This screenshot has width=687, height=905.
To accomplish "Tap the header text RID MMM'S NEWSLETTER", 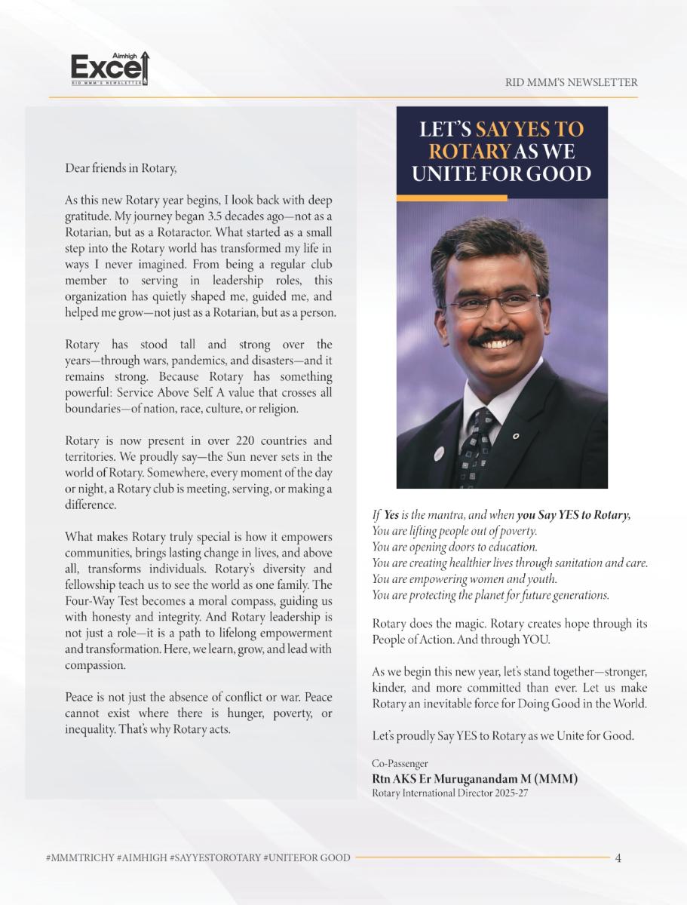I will tap(571, 82).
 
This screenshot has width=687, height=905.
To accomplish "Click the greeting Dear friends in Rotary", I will tap(121, 168).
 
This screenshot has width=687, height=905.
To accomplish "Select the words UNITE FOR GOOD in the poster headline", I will tap(501, 174).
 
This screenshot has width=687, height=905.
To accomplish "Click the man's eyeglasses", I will tap(492, 302).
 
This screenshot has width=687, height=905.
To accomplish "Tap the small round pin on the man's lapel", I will tap(515, 436).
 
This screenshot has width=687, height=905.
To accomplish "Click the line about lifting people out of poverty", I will tap(455, 531).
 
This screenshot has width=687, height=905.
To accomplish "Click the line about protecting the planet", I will tap(491, 595).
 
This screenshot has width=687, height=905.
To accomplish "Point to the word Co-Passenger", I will tap(400, 763).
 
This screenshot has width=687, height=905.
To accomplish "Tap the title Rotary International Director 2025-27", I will tap(450, 793).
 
